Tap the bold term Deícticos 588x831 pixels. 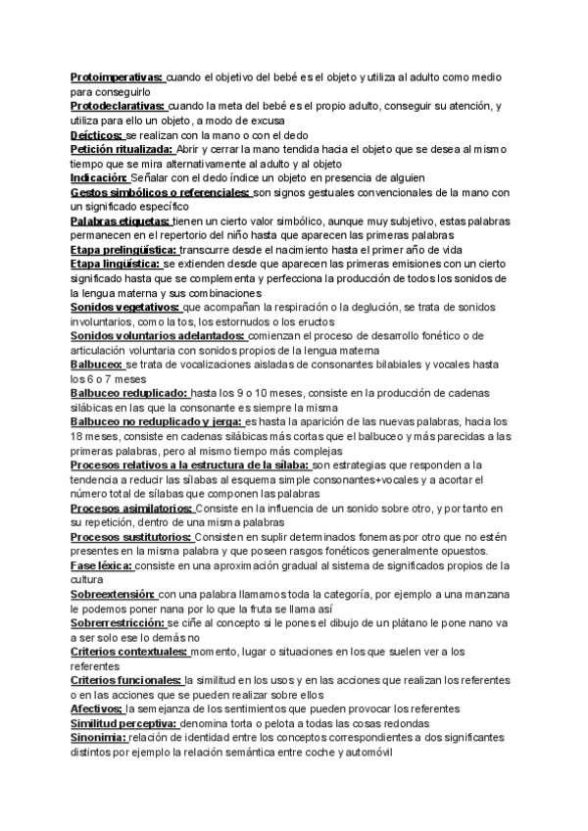point(97,134)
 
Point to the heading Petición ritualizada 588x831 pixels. point(122,149)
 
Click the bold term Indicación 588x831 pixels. point(100,178)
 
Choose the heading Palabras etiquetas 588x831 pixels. point(121,222)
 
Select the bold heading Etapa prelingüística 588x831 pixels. point(124,251)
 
